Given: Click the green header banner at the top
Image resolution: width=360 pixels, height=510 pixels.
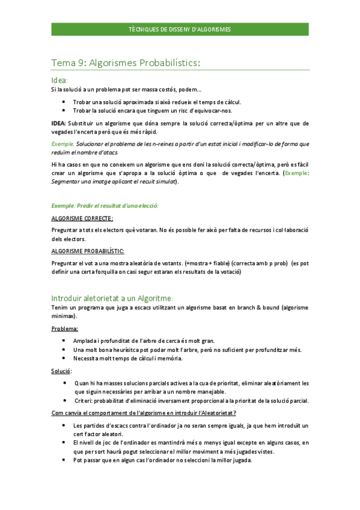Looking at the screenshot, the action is click(x=180, y=29).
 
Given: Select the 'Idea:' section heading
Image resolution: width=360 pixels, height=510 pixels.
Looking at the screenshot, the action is click(x=59, y=79).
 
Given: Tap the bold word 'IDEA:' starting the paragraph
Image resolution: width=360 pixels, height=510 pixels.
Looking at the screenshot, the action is click(x=59, y=123).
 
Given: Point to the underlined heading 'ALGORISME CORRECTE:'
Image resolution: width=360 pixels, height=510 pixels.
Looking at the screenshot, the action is click(x=82, y=218).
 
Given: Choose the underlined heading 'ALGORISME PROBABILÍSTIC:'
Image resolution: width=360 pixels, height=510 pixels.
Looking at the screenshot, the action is click(x=87, y=250).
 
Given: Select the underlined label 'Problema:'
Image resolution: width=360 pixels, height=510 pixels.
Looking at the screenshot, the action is click(x=64, y=329).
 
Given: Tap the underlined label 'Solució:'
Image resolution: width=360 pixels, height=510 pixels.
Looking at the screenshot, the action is click(x=62, y=371).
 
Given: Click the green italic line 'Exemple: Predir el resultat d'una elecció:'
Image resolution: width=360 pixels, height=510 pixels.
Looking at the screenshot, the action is click(x=105, y=206).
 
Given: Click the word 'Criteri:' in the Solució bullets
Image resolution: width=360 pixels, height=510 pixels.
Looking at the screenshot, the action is click(x=85, y=401).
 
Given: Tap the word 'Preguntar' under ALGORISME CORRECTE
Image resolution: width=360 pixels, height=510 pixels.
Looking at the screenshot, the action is click(x=65, y=230).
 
